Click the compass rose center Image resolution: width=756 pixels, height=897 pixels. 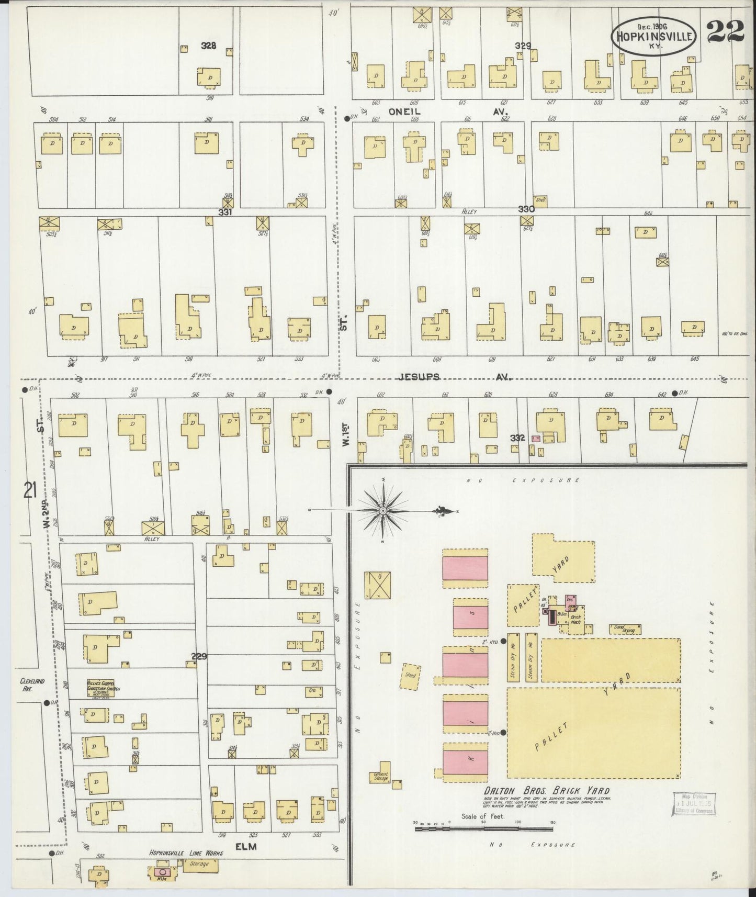click(x=383, y=510)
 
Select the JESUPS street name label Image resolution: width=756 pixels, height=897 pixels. click(x=419, y=377)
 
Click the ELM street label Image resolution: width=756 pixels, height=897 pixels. click(x=246, y=846)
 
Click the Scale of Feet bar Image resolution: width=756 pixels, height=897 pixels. click(x=484, y=828)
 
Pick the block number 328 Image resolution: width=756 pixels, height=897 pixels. click(x=209, y=46)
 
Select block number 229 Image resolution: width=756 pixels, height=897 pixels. click(x=199, y=656)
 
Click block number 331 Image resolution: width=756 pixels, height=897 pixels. click(x=225, y=212)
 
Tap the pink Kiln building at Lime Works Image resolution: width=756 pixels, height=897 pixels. click(x=162, y=872)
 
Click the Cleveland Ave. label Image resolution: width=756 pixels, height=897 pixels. click(x=32, y=685)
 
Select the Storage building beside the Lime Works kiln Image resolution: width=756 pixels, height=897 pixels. click(x=199, y=865)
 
